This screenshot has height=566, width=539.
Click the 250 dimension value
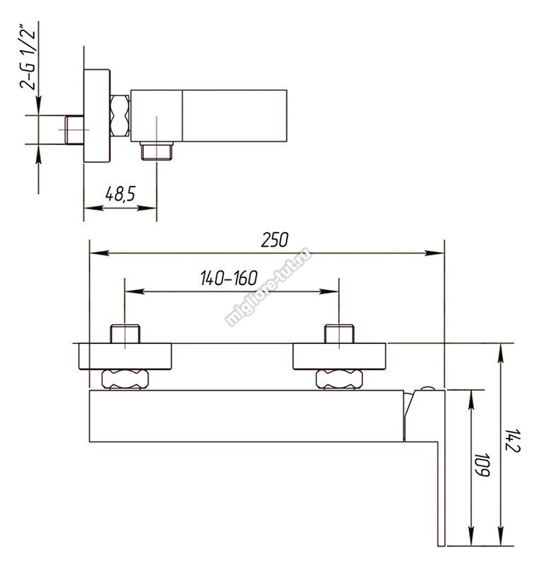(274, 240)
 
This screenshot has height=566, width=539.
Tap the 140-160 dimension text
(229, 278)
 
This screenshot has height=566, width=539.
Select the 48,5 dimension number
(120, 194)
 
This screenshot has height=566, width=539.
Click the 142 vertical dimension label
(511, 440)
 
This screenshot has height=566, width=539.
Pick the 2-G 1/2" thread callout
(28, 59)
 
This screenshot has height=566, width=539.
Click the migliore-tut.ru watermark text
(267, 287)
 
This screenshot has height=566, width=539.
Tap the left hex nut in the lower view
(124, 379)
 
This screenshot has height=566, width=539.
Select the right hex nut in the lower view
(339, 379)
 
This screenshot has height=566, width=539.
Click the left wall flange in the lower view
(124, 357)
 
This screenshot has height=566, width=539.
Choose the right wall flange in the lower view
(339, 357)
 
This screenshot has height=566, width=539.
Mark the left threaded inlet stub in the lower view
(124, 334)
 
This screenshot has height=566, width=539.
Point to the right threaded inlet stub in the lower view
(339, 334)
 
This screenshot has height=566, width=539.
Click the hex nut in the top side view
(120, 115)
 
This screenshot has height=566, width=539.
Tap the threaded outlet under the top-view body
(156, 151)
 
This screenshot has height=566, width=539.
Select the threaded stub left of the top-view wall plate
(74, 129)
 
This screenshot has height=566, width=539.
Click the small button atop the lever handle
(427, 388)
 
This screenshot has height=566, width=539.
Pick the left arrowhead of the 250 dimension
(98, 253)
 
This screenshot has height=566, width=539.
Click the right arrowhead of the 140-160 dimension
(330, 291)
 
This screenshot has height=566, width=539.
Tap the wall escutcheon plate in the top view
(97, 115)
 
